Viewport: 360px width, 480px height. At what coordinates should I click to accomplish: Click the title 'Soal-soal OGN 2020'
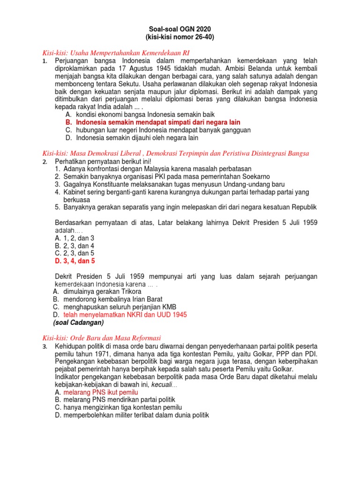click(180, 30)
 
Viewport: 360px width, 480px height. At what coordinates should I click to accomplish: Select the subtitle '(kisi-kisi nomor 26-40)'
click(180, 37)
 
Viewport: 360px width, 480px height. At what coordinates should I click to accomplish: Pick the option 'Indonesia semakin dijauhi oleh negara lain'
click(137, 138)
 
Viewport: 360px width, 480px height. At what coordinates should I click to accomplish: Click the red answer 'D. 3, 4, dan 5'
click(75, 261)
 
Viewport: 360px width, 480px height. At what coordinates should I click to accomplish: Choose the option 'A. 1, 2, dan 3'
click(75, 238)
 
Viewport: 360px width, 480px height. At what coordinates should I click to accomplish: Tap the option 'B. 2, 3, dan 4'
click(75, 245)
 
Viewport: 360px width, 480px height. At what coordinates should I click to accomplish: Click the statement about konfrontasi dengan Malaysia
click(157, 169)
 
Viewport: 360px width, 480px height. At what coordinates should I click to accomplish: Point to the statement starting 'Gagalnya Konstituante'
click(173, 184)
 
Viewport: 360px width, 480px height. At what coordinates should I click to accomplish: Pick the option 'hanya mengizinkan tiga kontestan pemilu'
click(122, 407)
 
